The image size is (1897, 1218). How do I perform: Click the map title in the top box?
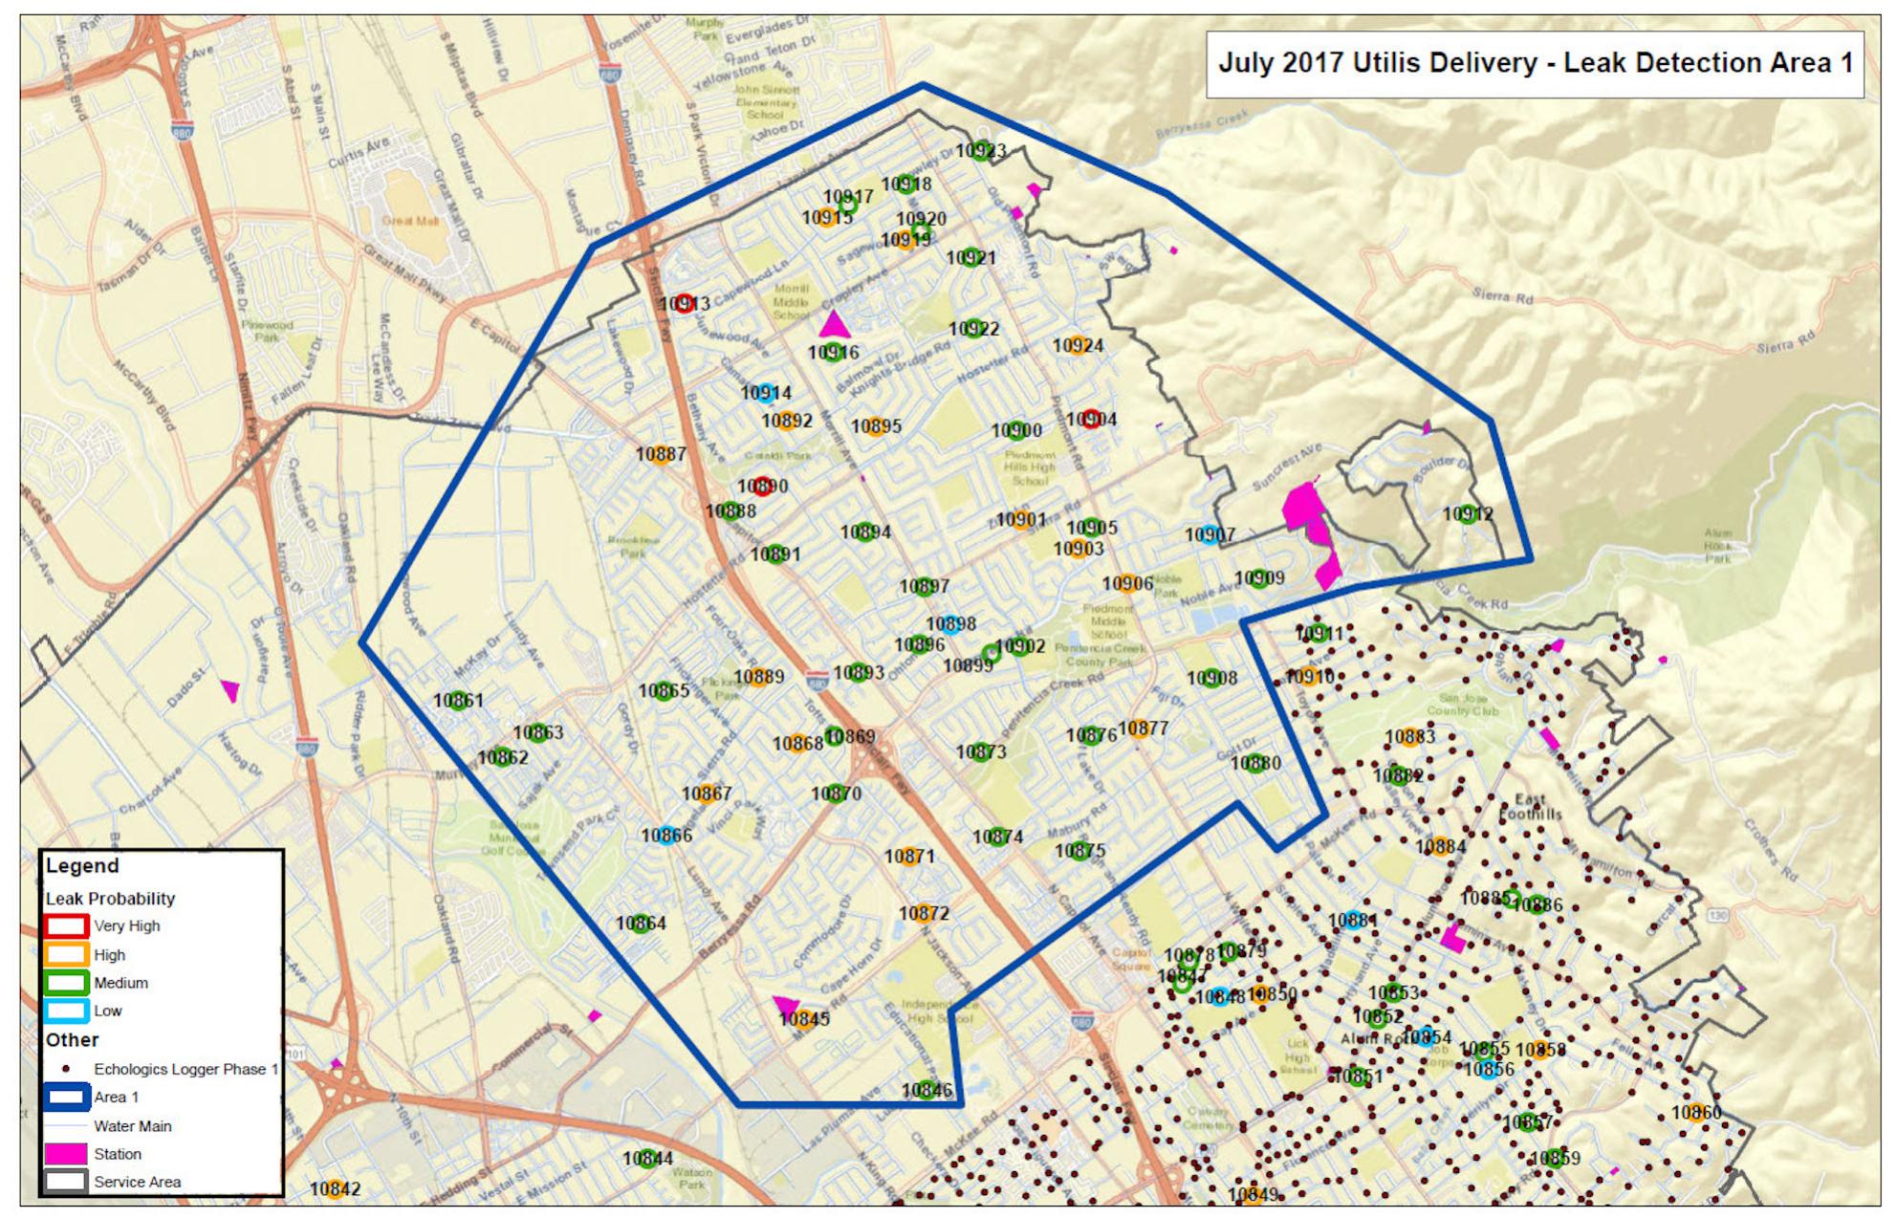1535,63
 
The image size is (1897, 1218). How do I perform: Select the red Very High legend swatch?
66,925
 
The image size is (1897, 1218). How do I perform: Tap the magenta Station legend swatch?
66,1154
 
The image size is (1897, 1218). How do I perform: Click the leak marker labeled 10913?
684,304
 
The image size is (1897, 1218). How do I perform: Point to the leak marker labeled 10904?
1091,419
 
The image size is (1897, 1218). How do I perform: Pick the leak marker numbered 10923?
982,151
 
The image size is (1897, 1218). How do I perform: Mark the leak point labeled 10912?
1468,514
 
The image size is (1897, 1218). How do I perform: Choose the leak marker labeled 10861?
458,700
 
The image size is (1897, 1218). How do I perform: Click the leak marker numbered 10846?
926,1090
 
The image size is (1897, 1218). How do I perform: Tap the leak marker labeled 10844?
647,1159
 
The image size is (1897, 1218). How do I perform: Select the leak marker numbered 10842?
335,1189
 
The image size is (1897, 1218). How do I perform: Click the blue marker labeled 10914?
765,393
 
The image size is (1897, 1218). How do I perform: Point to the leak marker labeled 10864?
641,924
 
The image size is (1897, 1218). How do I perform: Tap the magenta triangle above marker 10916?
834,324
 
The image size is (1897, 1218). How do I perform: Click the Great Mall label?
411,221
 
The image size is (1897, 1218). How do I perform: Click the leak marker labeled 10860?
1695,1113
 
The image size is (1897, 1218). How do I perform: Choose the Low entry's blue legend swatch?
66,1011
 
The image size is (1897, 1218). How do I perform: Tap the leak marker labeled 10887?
661,454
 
